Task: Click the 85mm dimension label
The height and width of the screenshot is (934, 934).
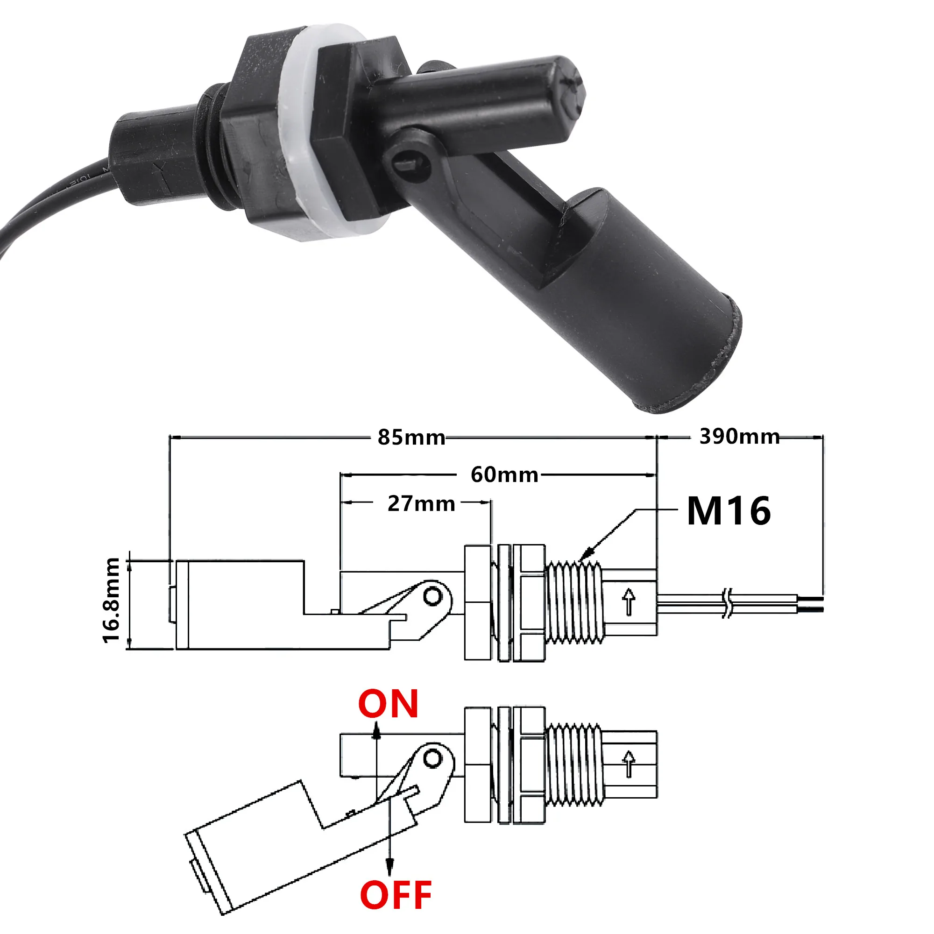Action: [x=411, y=437]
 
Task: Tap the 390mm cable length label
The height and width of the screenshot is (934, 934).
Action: [x=739, y=436]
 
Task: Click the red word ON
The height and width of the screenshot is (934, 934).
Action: [x=388, y=704]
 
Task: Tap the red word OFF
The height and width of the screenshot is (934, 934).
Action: [x=396, y=895]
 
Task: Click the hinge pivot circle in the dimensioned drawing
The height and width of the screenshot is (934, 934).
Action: [x=433, y=596]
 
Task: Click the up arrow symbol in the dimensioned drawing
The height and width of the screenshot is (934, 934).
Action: [x=629, y=601]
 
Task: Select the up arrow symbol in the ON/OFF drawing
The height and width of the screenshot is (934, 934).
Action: [x=629, y=764]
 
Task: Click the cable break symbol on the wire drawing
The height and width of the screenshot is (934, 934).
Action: [x=728, y=603]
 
